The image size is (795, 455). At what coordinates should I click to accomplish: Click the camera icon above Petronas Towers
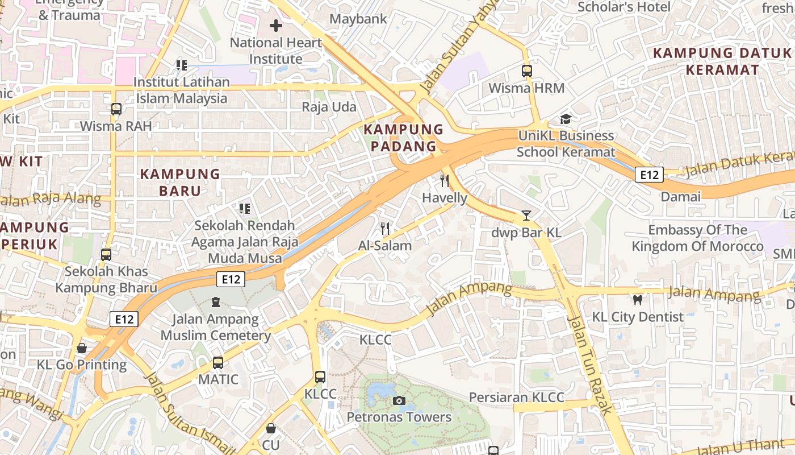(x=399, y=400)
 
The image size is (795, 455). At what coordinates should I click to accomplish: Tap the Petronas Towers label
(x=399, y=417)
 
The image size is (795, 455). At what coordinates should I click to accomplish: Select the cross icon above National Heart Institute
(x=276, y=26)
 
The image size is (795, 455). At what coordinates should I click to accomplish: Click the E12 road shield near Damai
(x=649, y=175)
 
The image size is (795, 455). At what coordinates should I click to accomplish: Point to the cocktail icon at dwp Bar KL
(x=526, y=216)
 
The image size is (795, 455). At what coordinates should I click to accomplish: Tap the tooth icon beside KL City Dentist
(x=638, y=300)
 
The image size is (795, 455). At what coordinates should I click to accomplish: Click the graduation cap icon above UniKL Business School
(x=566, y=119)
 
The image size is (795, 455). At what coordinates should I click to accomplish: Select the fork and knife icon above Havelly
(x=445, y=181)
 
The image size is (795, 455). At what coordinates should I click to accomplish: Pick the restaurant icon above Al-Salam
(x=385, y=229)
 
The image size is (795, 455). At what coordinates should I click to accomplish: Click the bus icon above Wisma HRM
(x=527, y=71)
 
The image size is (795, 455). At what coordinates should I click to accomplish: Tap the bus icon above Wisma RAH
(x=116, y=109)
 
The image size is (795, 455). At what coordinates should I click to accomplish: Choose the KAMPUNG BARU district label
(x=180, y=182)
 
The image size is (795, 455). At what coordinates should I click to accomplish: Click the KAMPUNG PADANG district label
(x=403, y=138)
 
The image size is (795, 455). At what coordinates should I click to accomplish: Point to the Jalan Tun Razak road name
(x=590, y=364)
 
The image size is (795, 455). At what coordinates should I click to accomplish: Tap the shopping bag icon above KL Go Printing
(x=82, y=348)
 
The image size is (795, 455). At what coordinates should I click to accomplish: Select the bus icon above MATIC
(x=218, y=362)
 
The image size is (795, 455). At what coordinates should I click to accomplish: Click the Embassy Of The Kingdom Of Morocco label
(x=698, y=238)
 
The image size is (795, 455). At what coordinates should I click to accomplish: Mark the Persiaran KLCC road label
(x=516, y=397)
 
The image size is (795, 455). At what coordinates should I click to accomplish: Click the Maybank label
(x=358, y=19)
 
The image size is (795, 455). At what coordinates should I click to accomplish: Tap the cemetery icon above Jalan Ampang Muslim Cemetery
(x=215, y=302)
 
